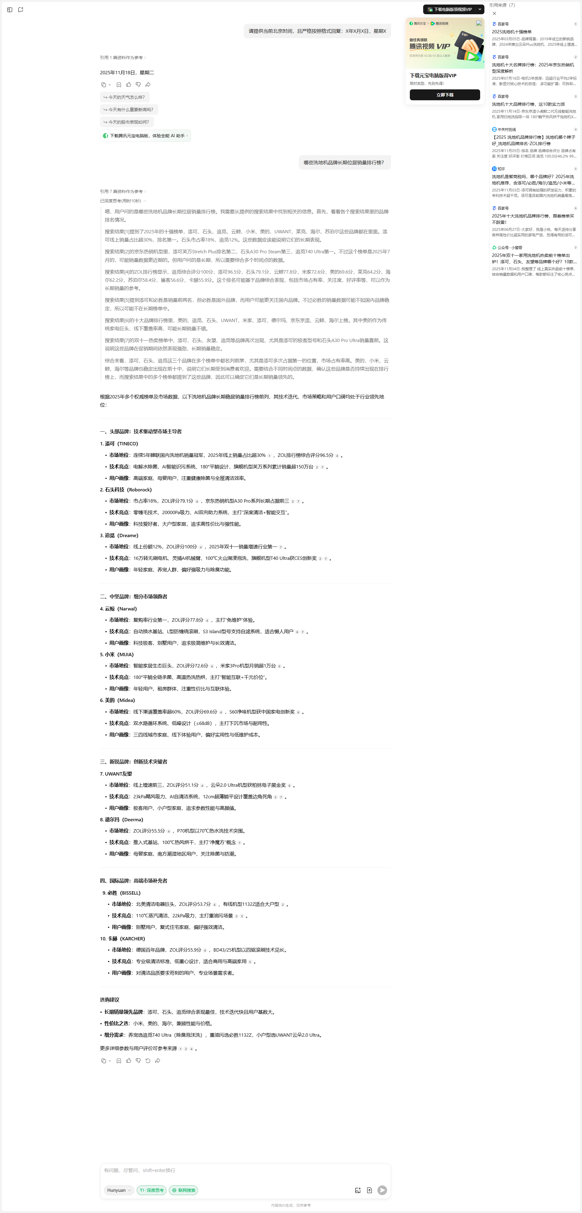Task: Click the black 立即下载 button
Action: point(444,95)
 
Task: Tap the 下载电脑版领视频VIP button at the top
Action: point(450,9)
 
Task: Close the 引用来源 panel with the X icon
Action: point(494,13)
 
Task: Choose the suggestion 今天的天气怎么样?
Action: point(124,97)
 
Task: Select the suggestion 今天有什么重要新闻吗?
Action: point(129,110)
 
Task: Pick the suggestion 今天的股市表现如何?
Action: point(127,122)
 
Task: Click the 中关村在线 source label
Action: point(506,129)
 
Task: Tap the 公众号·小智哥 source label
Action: point(509,247)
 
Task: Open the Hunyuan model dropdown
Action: point(119,1190)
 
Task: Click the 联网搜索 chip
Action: point(183,1190)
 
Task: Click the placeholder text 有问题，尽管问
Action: point(139,1170)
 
